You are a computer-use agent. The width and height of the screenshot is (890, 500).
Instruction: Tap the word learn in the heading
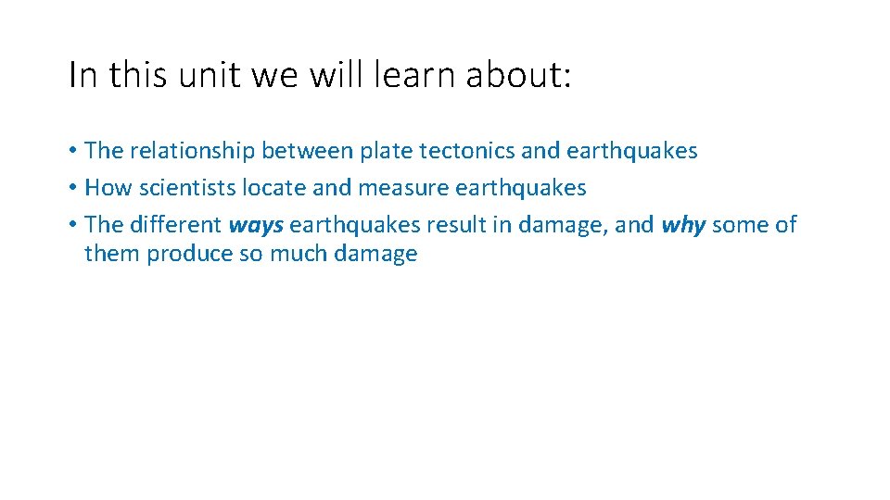413,76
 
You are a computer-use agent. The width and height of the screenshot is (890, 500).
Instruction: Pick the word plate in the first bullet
385,151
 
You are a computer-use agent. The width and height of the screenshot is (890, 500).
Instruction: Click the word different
175,225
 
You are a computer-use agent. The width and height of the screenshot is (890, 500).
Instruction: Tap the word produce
190,255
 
